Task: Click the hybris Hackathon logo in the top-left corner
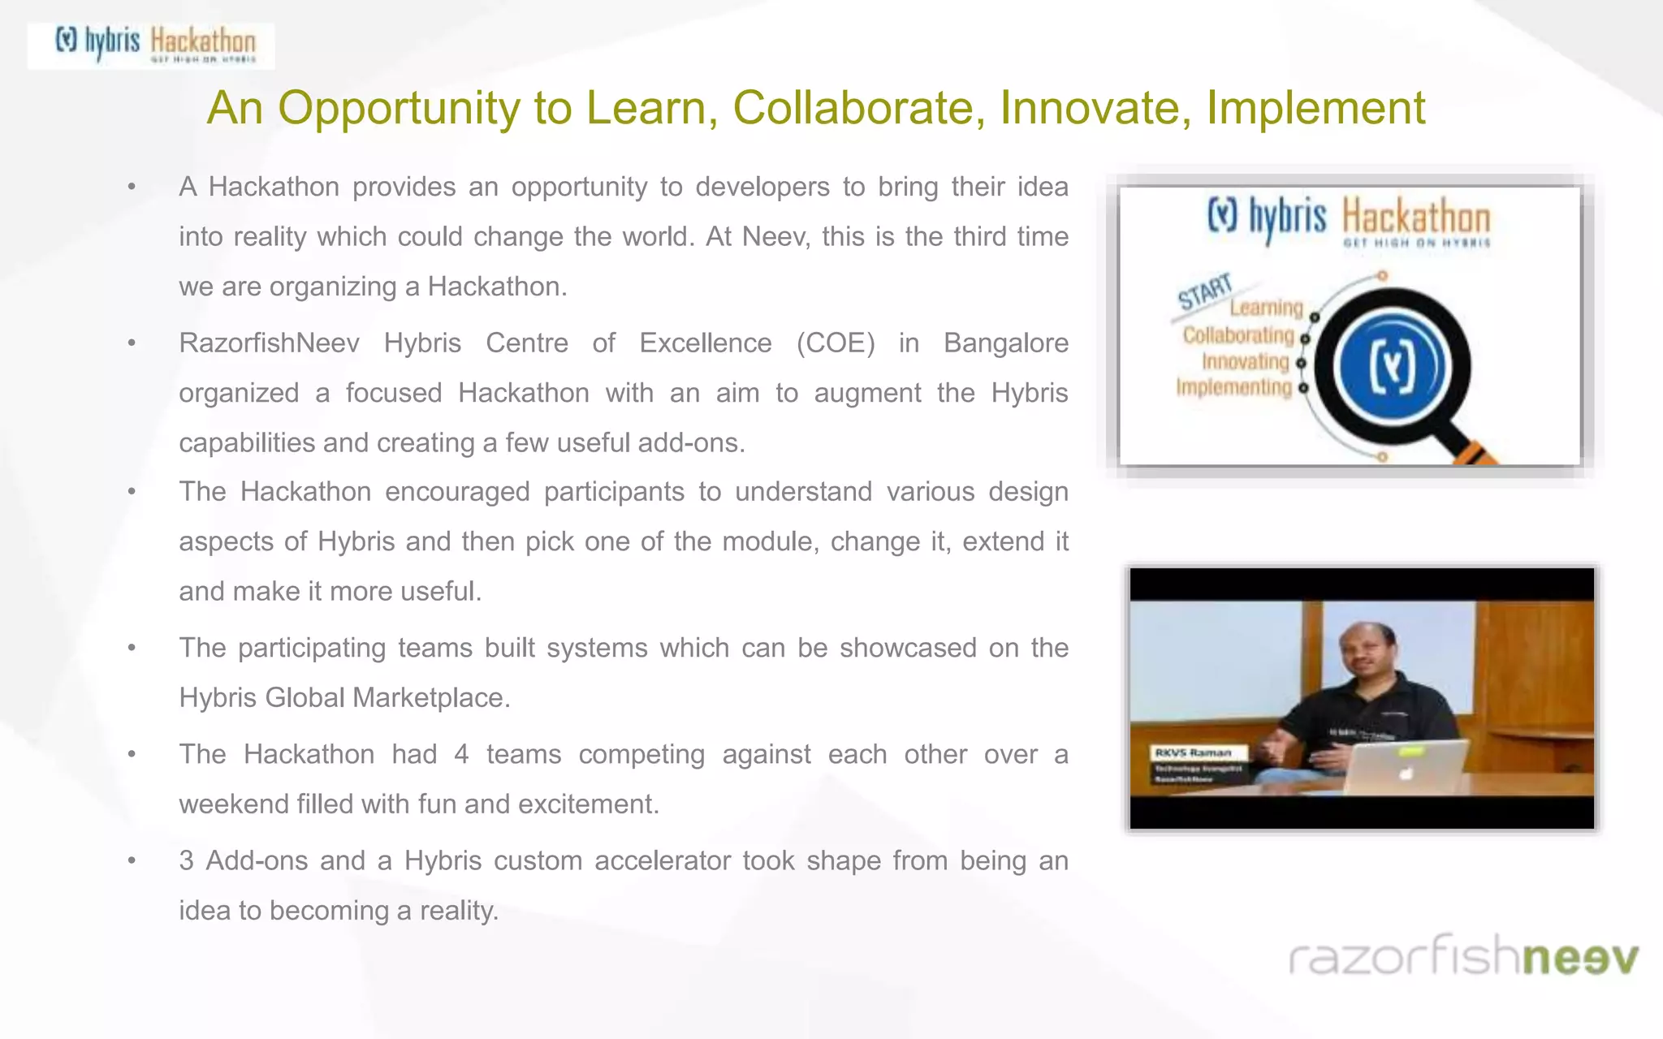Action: point(152,45)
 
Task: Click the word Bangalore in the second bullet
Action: point(1005,343)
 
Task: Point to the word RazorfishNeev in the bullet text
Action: point(269,343)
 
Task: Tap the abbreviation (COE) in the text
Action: point(836,343)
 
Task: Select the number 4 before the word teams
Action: point(461,754)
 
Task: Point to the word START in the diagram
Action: point(1205,291)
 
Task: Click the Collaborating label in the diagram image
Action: point(1238,335)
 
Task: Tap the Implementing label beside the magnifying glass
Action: point(1233,387)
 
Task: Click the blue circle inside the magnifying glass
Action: point(1393,366)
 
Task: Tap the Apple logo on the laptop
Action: point(1406,774)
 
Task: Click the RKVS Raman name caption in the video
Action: point(1193,752)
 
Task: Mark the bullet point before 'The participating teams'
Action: point(132,648)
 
